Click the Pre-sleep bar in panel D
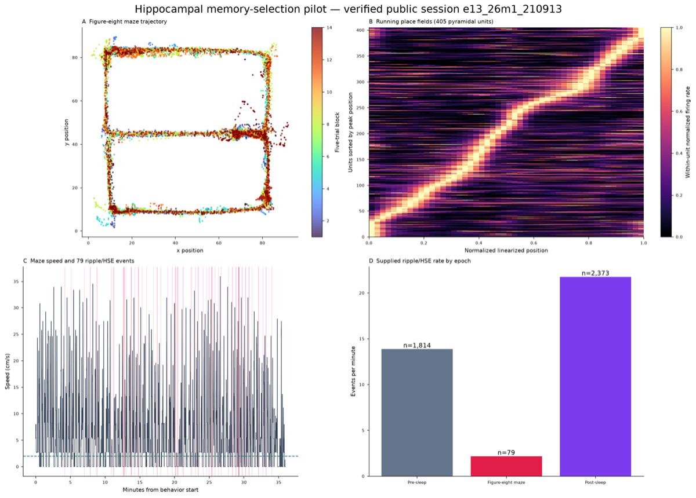(x=416, y=412)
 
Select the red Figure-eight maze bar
(x=506, y=466)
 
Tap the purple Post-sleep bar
(x=595, y=376)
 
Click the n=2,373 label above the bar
(x=595, y=273)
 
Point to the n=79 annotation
(x=506, y=452)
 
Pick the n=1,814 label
(x=417, y=345)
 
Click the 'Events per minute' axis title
(x=353, y=371)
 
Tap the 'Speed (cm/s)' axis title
(x=8, y=371)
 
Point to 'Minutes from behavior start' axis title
(x=160, y=490)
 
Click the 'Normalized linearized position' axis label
(x=506, y=250)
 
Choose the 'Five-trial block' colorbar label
(x=337, y=132)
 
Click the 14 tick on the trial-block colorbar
(x=329, y=28)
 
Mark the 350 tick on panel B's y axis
(x=360, y=56)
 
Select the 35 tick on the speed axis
(x=16, y=281)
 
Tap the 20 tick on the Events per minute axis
(x=362, y=293)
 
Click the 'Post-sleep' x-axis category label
(x=595, y=482)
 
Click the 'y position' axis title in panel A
(x=66, y=132)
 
